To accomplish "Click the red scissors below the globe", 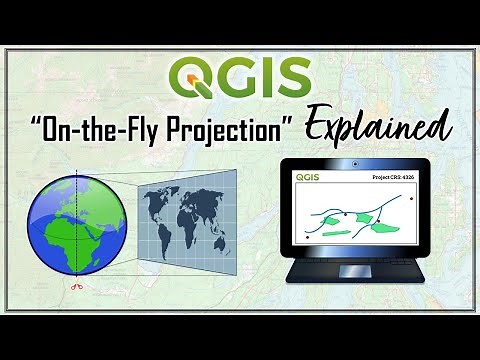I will [x=75, y=287].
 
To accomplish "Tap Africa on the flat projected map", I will [x=191, y=226].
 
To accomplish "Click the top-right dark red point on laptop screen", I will [x=411, y=197].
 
